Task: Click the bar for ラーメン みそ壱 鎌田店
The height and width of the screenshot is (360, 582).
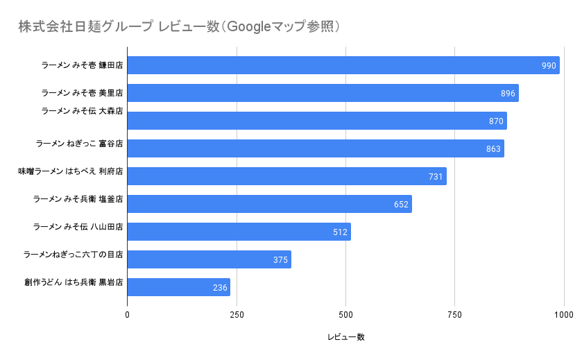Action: pos(343,65)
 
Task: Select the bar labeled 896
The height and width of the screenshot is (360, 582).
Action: pos(323,93)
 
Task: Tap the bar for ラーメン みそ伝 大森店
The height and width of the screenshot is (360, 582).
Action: pos(317,121)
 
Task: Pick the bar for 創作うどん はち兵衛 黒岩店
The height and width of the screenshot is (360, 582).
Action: pos(178,287)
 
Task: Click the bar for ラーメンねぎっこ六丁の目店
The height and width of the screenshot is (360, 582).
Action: pos(209,259)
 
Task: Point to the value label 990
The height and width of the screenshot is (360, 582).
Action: pos(549,66)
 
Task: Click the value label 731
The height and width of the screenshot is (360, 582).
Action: pos(436,177)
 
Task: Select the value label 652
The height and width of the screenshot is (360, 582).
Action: pos(401,205)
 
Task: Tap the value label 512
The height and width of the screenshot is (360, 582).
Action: pos(340,232)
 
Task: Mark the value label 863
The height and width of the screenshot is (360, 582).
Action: pos(493,149)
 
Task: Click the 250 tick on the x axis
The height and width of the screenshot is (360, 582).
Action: pos(237,315)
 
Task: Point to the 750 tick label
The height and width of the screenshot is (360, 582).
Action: pos(454,315)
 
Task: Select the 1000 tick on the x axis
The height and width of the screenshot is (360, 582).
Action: pos(563,315)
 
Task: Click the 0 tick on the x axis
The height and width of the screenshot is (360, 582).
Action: pos(128,315)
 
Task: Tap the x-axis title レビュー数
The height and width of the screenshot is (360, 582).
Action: pos(345,337)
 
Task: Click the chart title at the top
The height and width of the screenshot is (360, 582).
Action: pos(179,27)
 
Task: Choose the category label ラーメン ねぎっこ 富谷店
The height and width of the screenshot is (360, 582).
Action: pos(79,144)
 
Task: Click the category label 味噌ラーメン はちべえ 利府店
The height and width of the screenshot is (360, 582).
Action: pos(71,171)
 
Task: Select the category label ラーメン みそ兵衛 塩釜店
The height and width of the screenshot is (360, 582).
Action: pos(78,199)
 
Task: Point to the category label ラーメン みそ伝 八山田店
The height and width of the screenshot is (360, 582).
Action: pos(78,227)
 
